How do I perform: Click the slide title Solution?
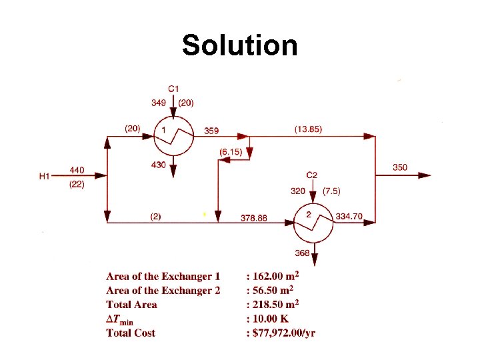(239, 45)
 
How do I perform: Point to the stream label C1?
(173, 89)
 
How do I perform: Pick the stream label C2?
(312, 175)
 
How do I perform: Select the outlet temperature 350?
(400, 167)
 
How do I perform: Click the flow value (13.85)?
(308, 129)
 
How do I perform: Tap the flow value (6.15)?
(231, 153)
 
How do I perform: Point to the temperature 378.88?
(253, 217)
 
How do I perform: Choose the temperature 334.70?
(349, 216)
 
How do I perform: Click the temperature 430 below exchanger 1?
(159, 165)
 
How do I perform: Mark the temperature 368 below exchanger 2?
(301, 253)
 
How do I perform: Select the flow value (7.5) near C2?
(331, 191)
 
